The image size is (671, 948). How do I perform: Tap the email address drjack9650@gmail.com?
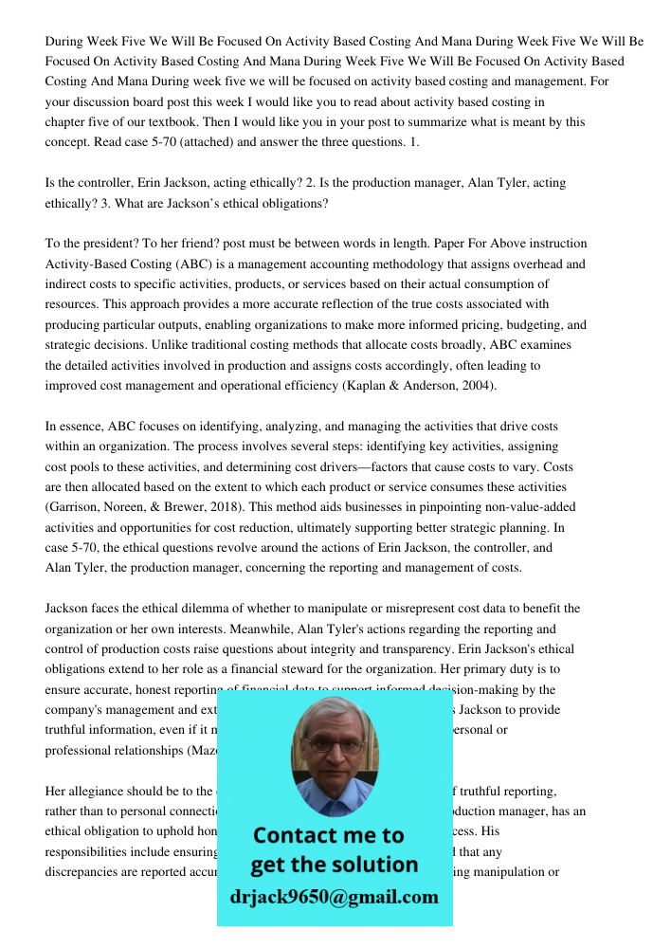pos(335,897)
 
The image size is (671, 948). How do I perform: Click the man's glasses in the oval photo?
pos(334,745)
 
